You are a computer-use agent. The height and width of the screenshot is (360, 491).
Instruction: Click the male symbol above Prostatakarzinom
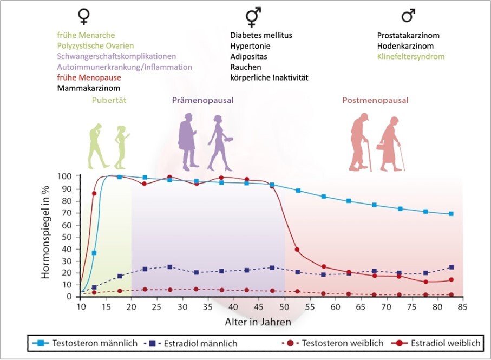409,16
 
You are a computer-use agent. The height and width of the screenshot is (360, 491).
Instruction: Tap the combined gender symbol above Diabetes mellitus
252,17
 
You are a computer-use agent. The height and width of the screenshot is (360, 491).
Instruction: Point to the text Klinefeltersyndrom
411,56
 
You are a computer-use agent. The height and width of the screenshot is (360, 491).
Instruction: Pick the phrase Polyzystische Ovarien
95,45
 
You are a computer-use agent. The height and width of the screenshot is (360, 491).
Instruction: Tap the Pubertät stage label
110,101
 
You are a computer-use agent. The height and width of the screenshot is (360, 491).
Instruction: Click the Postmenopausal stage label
375,101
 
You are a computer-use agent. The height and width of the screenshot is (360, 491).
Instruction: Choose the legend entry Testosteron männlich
86,343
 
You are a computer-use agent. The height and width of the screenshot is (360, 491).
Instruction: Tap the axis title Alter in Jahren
258,322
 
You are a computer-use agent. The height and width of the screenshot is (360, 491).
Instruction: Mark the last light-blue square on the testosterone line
451,214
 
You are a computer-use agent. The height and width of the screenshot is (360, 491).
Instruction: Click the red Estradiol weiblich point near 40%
297,250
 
